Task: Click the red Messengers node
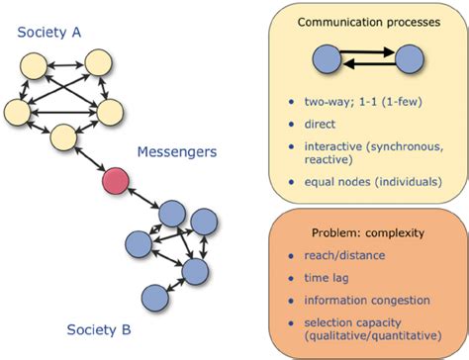[116, 182]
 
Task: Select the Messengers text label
[178, 152]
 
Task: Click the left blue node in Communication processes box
[328, 60]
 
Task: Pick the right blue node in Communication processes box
[411, 60]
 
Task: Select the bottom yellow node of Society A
[65, 137]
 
